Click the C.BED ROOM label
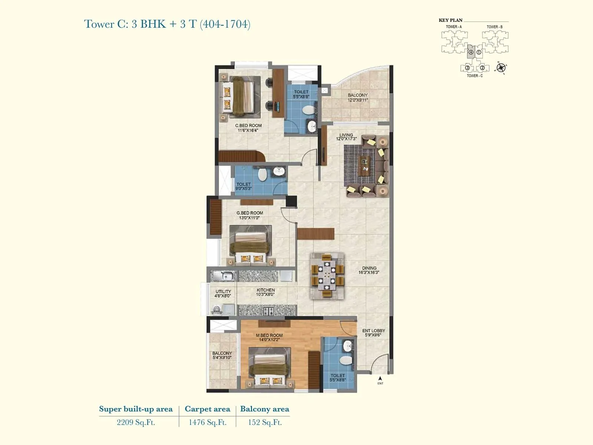[x=248, y=126]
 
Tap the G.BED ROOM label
[x=249, y=213]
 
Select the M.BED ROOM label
[x=269, y=335]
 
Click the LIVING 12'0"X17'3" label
[x=346, y=137]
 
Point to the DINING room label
[x=369, y=268]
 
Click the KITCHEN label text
[x=265, y=290]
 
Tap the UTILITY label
[x=223, y=291]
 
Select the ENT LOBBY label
[x=373, y=331]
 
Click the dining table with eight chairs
[x=327, y=276]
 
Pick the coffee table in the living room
[x=365, y=165]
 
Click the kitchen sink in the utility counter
[x=223, y=276]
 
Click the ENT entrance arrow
[x=380, y=379]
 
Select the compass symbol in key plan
[x=501, y=67]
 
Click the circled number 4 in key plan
[x=471, y=52]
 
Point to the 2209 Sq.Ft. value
[x=136, y=422]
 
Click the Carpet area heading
[x=207, y=409]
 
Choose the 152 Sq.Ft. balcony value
[x=265, y=422]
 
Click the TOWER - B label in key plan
[x=494, y=27]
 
